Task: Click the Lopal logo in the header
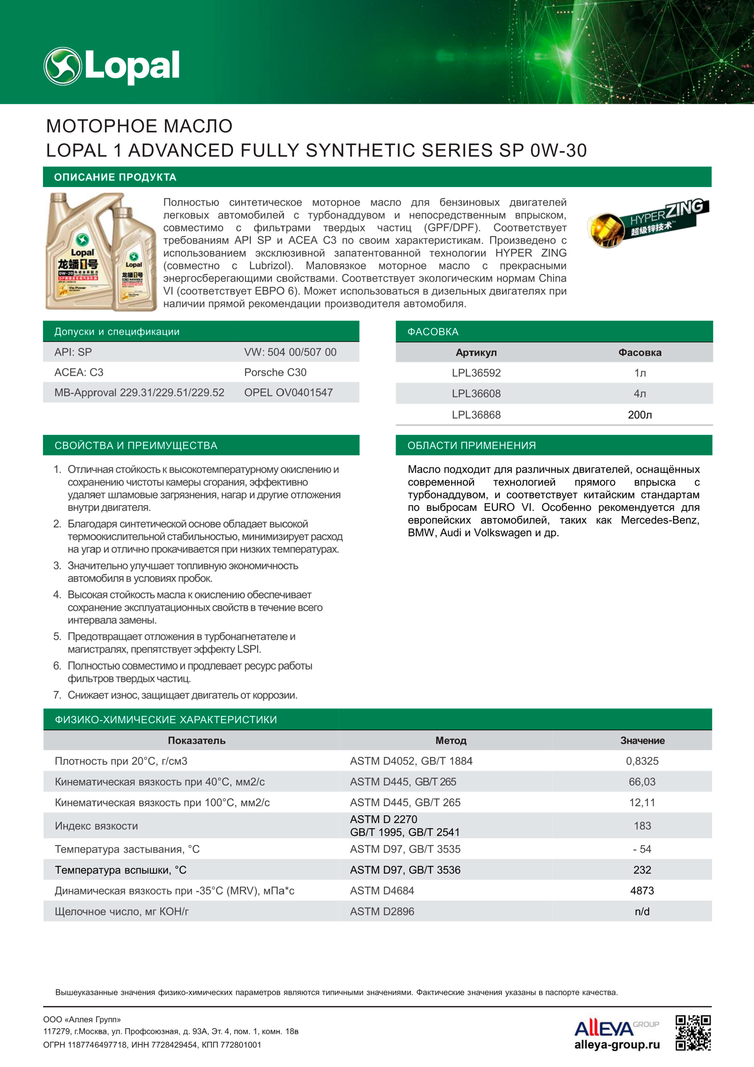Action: click(x=112, y=66)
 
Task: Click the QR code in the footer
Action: click(x=693, y=1033)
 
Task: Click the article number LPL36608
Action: click(x=476, y=394)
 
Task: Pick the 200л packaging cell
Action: click(x=640, y=414)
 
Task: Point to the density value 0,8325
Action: click(x=642, y=761)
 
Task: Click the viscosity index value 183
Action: click(x=642, y=825)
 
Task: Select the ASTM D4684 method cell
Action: click(x=382, y=891)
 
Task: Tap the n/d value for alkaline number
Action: click(x=642, y=911)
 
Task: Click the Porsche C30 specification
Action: click(x=275, y=372)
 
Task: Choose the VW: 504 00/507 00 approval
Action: click(x=290, y=352)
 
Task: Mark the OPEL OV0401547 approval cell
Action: click(x=288, y=393)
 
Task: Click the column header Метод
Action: click(x=451, y=740)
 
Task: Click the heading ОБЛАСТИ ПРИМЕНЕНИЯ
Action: click(x=472, y=445)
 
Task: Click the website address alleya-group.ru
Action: click(x=617, y=1045)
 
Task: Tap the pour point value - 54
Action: click(x=642, y=849)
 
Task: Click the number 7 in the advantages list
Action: click(x=57, y=695)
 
